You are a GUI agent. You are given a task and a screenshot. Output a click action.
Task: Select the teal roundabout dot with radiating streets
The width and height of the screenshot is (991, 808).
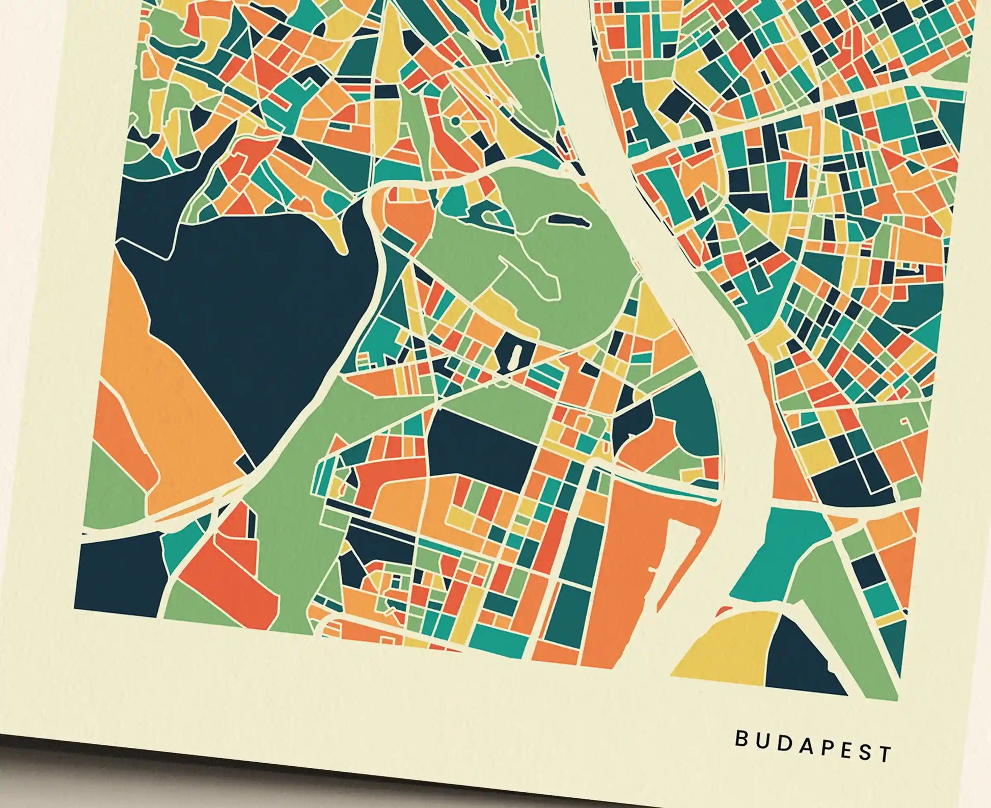(455, 121)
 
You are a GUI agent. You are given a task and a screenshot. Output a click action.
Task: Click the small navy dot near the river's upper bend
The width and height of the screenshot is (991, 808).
(537, 55)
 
